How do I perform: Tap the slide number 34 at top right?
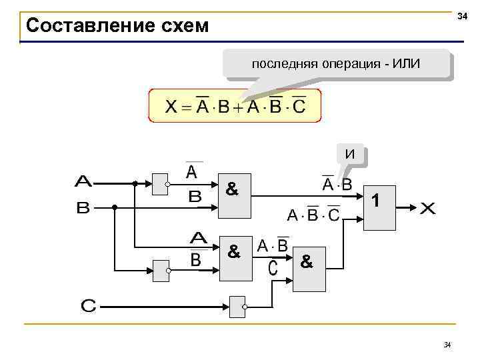[461, 15]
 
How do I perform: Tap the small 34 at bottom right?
[447, 345]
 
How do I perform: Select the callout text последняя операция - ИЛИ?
[336, 65]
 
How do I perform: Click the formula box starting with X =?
[235, 106]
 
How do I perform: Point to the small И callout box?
[351, 155]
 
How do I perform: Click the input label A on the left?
[84, 181]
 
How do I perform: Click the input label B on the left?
[83, 208]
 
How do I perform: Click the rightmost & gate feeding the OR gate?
[309, 271]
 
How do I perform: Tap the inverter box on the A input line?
[160, 184]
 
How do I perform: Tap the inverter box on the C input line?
[237, 307]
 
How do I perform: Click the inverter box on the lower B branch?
[160, 270]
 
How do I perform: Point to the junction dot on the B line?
[114, 207]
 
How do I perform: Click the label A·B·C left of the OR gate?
[313, 215]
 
